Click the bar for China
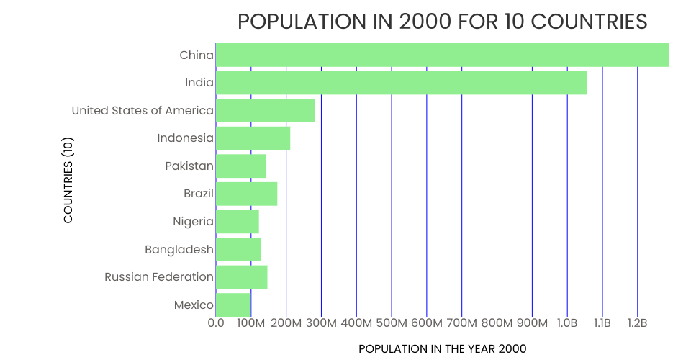click(442, 55)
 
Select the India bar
click(401, 83)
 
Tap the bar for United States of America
click(265, 110)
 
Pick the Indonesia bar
click(253, 138)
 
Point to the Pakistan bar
click(240, 166)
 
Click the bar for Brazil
click(246, 194)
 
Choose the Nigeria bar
click(237, 221)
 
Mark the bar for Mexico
click(232, 305)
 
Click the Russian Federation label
click(159, 277)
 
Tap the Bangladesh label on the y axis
click(179, 250)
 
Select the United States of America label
click(143, 111)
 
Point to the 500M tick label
click(392, 323)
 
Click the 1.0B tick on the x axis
click(567, 323)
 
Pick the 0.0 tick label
click(216, 323)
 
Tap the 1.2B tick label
click(638, 323)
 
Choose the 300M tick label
click(321, 323)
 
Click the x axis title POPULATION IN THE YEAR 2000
click(442, 349)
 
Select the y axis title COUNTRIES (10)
click(68, 180)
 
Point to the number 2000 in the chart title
click(425, 22)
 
